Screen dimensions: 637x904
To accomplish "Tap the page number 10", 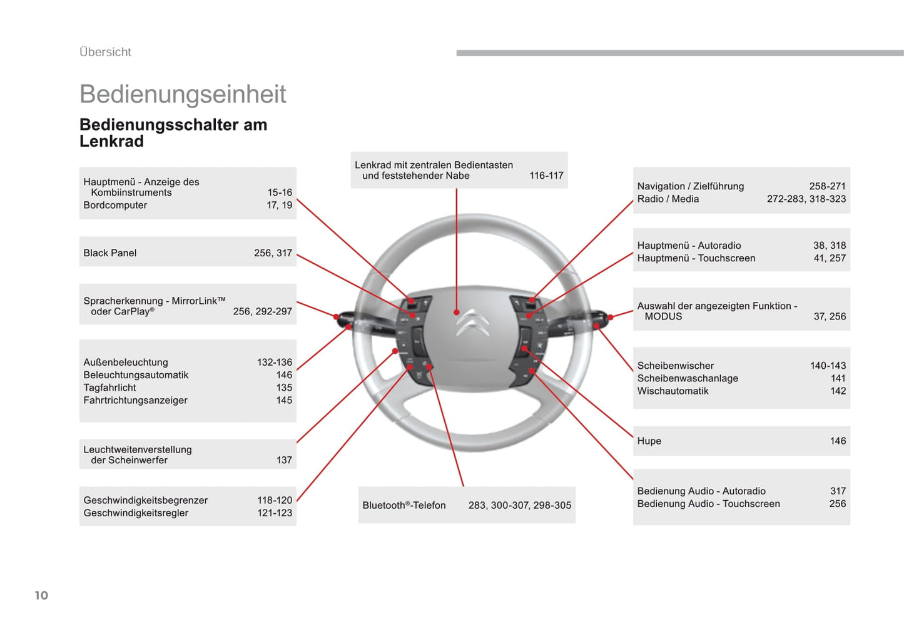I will (41, 595).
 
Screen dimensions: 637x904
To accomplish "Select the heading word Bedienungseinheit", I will (183, 94).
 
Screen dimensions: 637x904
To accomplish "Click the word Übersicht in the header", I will (105, 53).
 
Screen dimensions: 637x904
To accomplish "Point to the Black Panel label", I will (110, 253).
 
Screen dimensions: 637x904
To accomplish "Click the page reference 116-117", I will (546, 176).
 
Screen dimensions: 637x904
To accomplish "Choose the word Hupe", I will (649, 441).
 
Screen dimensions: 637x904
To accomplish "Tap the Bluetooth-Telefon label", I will (404, 505).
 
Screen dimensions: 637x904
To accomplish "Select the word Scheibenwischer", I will (676, 366).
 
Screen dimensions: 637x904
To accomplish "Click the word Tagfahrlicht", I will (110, 388).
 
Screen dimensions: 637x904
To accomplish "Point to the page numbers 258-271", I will (827, 186).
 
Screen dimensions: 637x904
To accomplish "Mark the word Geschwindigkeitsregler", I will (136, 513).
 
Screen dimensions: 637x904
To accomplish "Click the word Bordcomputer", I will (115, 205).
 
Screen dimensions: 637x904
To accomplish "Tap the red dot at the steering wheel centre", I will (457, 312).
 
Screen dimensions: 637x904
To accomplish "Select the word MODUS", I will (663, 316).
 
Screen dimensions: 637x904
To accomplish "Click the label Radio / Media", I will (668, 199).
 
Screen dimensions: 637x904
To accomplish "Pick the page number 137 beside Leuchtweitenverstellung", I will (284, 460).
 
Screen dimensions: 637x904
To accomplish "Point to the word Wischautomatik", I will (673, 391).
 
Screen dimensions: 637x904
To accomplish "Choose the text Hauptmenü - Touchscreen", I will (696, 258).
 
